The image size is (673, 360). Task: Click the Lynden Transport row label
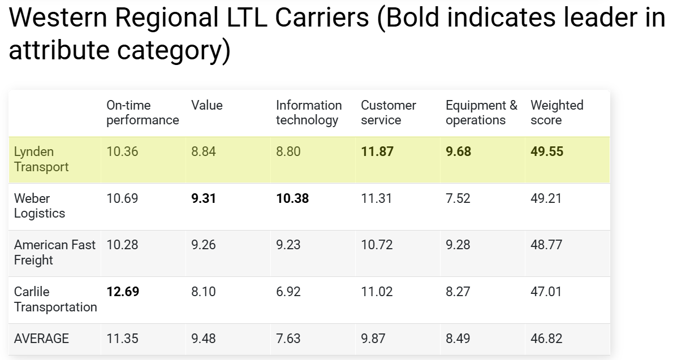point(41,159)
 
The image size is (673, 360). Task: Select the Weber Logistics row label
point(39,206)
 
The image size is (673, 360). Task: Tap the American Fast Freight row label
point(54,253)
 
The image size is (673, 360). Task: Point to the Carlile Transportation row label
point(55,300)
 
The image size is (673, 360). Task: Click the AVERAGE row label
point(41,339)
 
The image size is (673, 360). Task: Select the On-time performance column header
point(142,112)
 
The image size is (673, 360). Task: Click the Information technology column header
point(308,112)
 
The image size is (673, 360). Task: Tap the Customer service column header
point(388,112)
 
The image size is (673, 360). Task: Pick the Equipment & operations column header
point(481,112)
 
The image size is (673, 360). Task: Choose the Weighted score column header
point(556,112)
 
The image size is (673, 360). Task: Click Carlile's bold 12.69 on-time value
point(123,292)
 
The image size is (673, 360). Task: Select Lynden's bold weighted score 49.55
point(547,152)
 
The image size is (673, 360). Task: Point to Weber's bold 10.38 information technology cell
point(292,198)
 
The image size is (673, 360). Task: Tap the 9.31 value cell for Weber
point(204,198)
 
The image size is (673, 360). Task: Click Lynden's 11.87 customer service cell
point(377,152)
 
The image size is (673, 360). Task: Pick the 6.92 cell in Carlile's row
point(288,292)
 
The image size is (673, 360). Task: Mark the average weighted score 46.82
point(546,339)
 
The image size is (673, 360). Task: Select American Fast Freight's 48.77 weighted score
point(546,245)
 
